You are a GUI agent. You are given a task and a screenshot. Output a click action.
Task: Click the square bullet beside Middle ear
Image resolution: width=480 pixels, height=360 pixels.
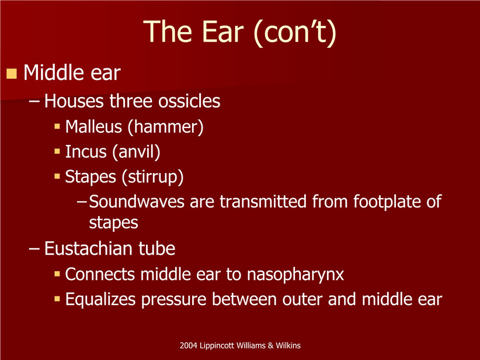point(12,74)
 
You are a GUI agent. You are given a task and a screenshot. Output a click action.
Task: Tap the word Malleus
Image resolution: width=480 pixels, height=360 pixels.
point(93,127)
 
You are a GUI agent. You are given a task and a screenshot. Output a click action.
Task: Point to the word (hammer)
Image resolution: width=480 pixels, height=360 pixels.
point(166,127)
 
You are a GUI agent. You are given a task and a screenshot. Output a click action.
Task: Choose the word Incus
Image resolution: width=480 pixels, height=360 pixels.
point(86,152)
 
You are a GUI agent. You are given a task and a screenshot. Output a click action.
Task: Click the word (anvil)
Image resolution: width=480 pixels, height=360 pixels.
point(136,153)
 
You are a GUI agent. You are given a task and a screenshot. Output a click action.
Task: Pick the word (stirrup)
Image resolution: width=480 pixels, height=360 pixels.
point(153,177)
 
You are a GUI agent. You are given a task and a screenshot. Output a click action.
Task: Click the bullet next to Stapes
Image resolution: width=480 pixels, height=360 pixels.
point(57,176)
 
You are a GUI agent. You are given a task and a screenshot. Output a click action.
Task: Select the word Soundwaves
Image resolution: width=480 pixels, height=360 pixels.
point(137,202)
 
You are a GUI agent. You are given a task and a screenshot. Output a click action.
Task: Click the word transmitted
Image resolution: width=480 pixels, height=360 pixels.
point(263,202)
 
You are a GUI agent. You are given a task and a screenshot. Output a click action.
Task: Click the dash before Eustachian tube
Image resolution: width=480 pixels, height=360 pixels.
point(34,249)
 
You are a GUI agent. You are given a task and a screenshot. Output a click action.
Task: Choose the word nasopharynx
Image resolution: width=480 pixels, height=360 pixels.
point(295,275)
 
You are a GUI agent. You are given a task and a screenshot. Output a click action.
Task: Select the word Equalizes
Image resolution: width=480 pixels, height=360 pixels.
point(100,300)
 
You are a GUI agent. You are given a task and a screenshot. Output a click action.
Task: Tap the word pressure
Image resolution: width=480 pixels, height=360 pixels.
point(174,300)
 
